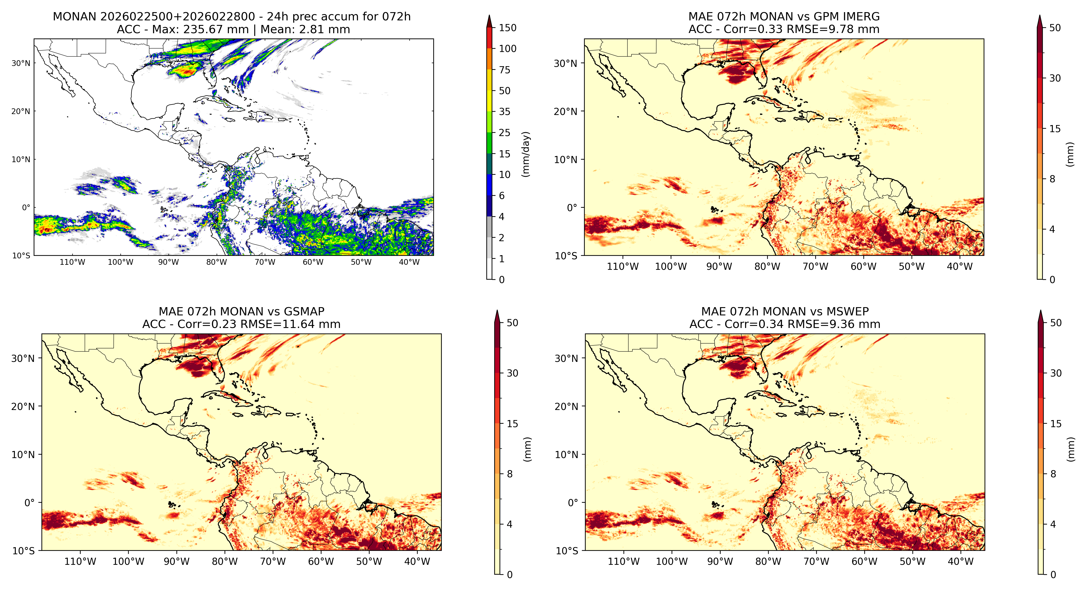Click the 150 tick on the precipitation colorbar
pos(508,28)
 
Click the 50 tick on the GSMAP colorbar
pos(512,323)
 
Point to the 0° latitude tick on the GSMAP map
pos(30,503)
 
